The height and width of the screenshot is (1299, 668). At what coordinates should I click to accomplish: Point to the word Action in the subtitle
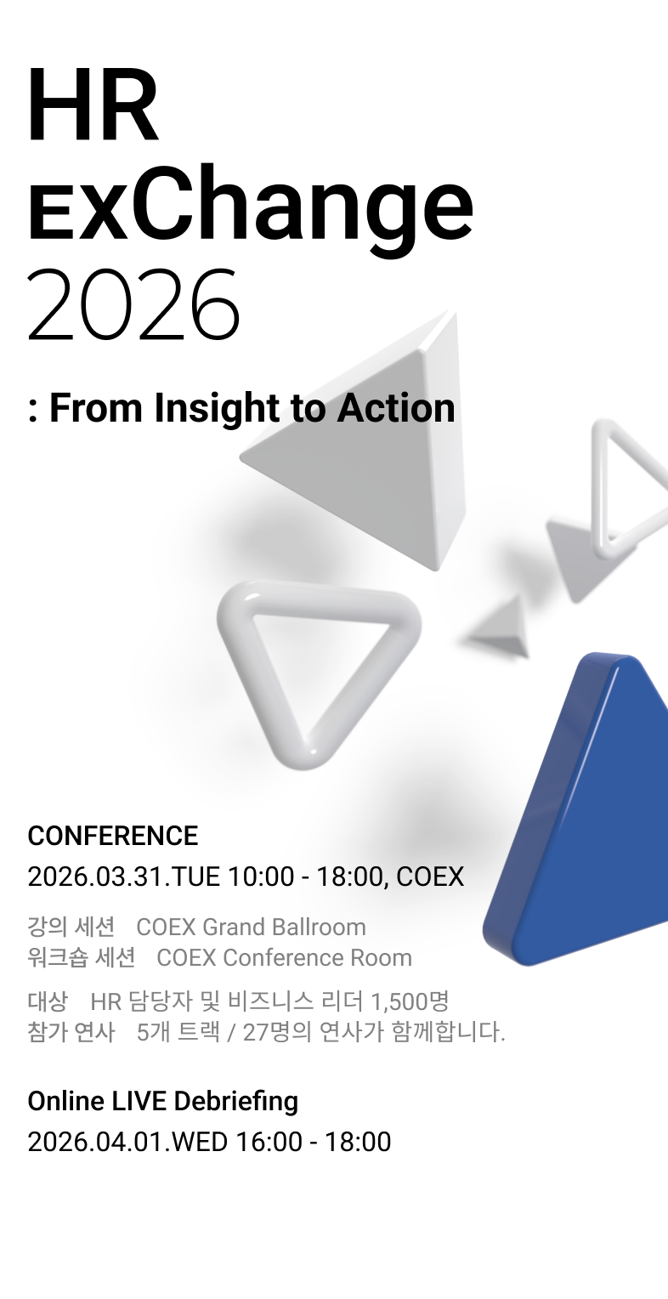point(396,408)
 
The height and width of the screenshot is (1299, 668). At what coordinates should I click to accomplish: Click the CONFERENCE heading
point(113,836)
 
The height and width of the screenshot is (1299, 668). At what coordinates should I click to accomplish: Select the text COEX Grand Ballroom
point(251,927)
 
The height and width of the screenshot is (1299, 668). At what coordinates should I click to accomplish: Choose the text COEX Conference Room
point(284,957)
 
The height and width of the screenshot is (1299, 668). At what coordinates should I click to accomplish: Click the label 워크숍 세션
point(81,957)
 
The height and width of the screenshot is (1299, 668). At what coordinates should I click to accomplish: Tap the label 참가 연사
point(71,1032)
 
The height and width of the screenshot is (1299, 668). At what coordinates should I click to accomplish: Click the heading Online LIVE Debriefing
point(162,1101)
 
